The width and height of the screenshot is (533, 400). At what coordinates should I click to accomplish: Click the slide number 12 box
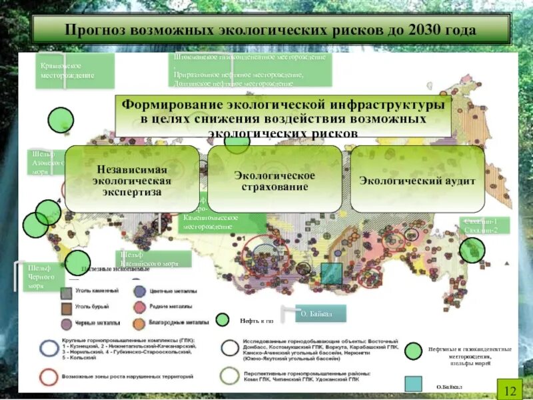click(x=510, y=389)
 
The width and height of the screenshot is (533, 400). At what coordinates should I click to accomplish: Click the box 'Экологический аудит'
click(x=417, y=180)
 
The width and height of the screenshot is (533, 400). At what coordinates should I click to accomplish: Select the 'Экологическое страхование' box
click(x=274, y=180)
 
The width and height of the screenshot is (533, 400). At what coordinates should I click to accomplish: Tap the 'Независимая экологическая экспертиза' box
click(x=132, y=180)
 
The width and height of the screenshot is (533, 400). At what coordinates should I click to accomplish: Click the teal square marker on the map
click(x=331, y=273)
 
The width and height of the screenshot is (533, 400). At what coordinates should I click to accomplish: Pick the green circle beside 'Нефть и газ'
click(x=223, y=320)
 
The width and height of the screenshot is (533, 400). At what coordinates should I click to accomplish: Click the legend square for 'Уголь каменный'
click(x=66, y=292)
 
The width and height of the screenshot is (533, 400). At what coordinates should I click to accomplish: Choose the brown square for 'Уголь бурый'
click(x=66, y=307)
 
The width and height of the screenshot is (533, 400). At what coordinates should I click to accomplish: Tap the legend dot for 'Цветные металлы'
click(x=139, y=292)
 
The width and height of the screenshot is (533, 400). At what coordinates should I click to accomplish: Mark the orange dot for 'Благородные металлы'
click(x=139, y=324)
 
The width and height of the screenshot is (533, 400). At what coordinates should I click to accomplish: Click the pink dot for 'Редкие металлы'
click(x=139, y=307)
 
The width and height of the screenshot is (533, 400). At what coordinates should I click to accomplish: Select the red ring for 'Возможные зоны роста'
click(x=48, y=377)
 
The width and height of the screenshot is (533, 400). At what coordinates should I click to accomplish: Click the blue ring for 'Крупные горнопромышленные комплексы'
click(x=48, y=348)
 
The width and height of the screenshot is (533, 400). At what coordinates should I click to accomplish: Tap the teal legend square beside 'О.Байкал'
click(x=413, y=383)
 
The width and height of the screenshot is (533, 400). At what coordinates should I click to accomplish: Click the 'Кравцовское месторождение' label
click(x=75, y=71)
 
